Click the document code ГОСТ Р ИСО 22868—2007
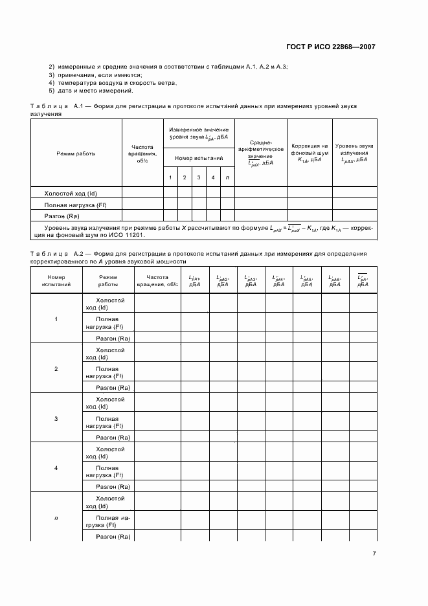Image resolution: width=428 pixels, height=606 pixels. [x=330, y=47]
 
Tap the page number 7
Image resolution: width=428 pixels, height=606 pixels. [x=374, y=553]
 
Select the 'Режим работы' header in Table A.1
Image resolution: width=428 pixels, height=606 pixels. [x=76, y=153]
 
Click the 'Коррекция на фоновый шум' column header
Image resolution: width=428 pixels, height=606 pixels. [x=310, y=153]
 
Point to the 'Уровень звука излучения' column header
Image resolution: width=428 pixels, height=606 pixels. [x=354, y=153]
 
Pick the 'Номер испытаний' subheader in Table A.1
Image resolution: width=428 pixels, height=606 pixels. [x=199, y=157]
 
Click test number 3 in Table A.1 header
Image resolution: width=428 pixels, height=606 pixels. [x=199, y=177]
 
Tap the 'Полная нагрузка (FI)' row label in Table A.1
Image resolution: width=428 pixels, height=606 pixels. [x=74, y=205]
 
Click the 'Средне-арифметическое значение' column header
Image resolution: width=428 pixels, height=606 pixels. [x=260, y=153]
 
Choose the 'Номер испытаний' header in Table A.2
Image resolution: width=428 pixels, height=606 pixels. [x=56, y=280]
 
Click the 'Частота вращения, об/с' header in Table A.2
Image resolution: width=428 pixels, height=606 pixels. [x=157, y=280]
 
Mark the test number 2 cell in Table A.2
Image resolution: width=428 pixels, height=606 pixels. [x=56, y=368]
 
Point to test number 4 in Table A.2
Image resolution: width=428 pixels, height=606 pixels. [x=56, y=467]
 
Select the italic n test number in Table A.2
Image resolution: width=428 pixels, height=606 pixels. [x=56, y=517]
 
